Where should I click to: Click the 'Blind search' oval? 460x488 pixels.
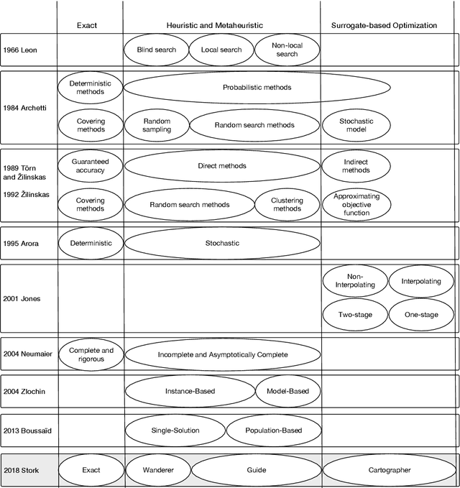tap(155, 50)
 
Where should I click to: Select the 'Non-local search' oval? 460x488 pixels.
tap(286, 50)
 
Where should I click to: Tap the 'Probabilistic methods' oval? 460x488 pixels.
tap(257, 88)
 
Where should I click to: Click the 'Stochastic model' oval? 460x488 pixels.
tap(356, 126)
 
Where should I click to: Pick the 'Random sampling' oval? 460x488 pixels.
tap(157, 126)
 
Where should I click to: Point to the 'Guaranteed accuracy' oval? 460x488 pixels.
tap(91, 166)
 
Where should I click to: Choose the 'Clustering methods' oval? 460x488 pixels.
tap(287, 205)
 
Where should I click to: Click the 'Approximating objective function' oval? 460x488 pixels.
tap(356, 205)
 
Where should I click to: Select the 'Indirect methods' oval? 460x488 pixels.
tap(356, 166)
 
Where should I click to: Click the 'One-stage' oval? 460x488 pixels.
tap(421, 315)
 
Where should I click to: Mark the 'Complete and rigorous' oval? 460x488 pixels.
tap(91, 354)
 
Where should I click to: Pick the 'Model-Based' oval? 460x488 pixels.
tap(287, 392)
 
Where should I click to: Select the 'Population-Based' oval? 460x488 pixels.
tap(272, 431)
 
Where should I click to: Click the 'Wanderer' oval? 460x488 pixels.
tap(157, 470)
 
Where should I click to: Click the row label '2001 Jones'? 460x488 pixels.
tap(21, 298)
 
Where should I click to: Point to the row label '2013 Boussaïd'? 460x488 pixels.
tap(27, 431)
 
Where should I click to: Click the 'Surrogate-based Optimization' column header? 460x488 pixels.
tap(384, 25)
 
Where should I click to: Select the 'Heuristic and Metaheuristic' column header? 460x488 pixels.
tap(221, 25)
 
